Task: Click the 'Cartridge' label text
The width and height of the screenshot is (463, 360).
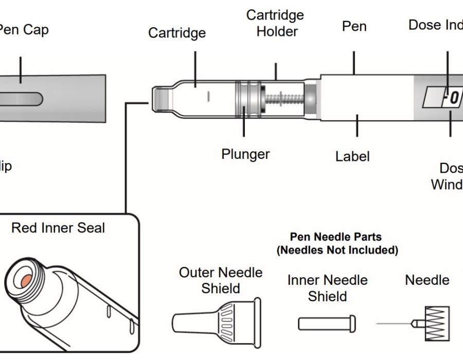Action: (177, 33)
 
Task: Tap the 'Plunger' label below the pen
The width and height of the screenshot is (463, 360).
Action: (245, 154)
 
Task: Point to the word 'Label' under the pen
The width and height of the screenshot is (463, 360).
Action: (352, 156)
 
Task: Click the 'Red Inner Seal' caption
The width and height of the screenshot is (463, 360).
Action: (58, 228)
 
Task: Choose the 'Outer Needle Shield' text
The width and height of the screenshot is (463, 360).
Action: (221, 280)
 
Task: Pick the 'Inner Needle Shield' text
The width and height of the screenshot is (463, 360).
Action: (327, 288)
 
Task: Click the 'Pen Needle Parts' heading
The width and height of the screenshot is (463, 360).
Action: (336, 237)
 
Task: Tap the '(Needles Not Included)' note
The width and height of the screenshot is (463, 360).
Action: (337, 250)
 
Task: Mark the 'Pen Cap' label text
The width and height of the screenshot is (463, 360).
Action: (24, 29)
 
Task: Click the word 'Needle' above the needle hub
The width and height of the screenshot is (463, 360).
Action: (427, 280)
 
